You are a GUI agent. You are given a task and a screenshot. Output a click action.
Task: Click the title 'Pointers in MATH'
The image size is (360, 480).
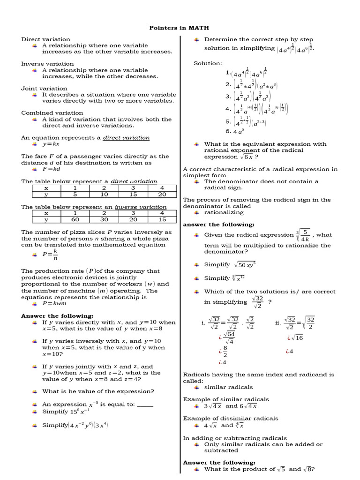pyautogui.click(x=180, y=28)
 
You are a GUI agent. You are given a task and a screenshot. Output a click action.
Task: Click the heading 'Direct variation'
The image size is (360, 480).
pyautogui.click(x=45, y=39)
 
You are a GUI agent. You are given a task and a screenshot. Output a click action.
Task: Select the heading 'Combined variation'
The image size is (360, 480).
pyautogui.click(x=52, y=112)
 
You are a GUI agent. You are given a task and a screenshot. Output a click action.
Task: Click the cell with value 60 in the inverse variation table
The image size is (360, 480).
pyautogui.click(x=74, y=219)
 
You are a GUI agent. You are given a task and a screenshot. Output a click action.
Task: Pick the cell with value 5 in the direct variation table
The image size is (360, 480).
pyautogui.click(x=74, y=194)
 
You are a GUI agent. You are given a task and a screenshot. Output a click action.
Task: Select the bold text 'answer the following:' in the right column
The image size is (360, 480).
pyautogui.click(x=218, y=225)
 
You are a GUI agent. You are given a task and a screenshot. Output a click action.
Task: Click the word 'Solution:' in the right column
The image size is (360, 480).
pyautogui.click(x=208, y=63)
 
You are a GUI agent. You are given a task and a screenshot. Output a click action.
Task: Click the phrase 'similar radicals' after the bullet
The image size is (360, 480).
pyautogui.click(x=228, y=387)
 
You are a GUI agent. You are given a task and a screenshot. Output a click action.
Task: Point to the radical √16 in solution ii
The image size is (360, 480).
pyautogui.click(x=296, y=337)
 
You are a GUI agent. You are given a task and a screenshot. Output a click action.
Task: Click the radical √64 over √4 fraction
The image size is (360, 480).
pyautogui.click(x=229, y=337)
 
